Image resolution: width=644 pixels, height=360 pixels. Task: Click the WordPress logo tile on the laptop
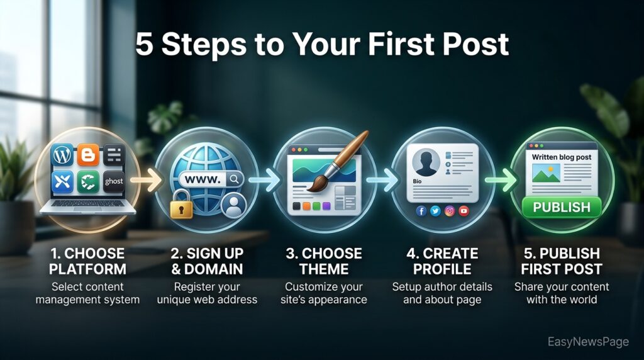pos(62,155)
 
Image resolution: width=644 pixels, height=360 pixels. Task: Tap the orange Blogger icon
pos(88,155)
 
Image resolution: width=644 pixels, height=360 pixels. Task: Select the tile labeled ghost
pos(113,182)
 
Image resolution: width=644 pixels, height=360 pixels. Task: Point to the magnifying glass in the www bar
pos(234,179)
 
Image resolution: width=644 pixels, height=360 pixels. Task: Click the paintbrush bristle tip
pos(311,189)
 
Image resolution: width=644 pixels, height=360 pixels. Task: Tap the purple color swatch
pos(326,206)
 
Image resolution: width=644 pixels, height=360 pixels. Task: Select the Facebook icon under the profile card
pos(421,211)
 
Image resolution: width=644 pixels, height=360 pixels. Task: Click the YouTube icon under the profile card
pos(464,211)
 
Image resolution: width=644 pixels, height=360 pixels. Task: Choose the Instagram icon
pos(450,211)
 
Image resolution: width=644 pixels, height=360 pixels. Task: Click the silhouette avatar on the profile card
pos(426,162)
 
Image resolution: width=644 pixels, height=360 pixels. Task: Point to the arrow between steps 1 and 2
pos(147,180)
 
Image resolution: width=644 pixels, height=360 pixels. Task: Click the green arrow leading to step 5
pos(501,180)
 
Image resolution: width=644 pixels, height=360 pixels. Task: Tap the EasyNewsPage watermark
pos(588,342)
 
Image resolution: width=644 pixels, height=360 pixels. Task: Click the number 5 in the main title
pos(144,44)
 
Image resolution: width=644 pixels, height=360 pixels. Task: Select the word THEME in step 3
pos(324,269)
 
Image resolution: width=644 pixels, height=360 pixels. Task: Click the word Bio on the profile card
pos(418,181)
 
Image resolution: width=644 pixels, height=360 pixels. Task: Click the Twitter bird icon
pos(435,211)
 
